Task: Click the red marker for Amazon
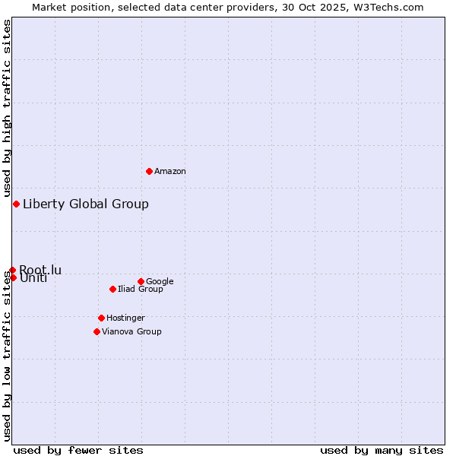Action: coord(149,171)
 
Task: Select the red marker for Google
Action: coord(141,281)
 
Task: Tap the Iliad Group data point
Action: coord(112,289)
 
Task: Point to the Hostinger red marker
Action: coord(101,318)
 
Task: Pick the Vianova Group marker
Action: coord(97,331)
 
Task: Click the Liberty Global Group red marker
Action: coord(16,204)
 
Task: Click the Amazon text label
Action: coord(170,172)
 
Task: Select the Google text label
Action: coord(160,282)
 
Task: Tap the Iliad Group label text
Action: coord(141,290)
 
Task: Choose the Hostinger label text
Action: coord(125,318)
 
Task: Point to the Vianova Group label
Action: coord(131,332)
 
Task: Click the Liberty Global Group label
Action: coord(86,204)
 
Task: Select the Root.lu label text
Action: coord(40,270)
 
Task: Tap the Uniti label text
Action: coord(33,278)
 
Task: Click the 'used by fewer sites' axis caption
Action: coord(78,450)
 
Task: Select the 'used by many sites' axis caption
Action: coord(382,450)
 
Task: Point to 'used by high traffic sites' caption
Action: coord(8,108)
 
